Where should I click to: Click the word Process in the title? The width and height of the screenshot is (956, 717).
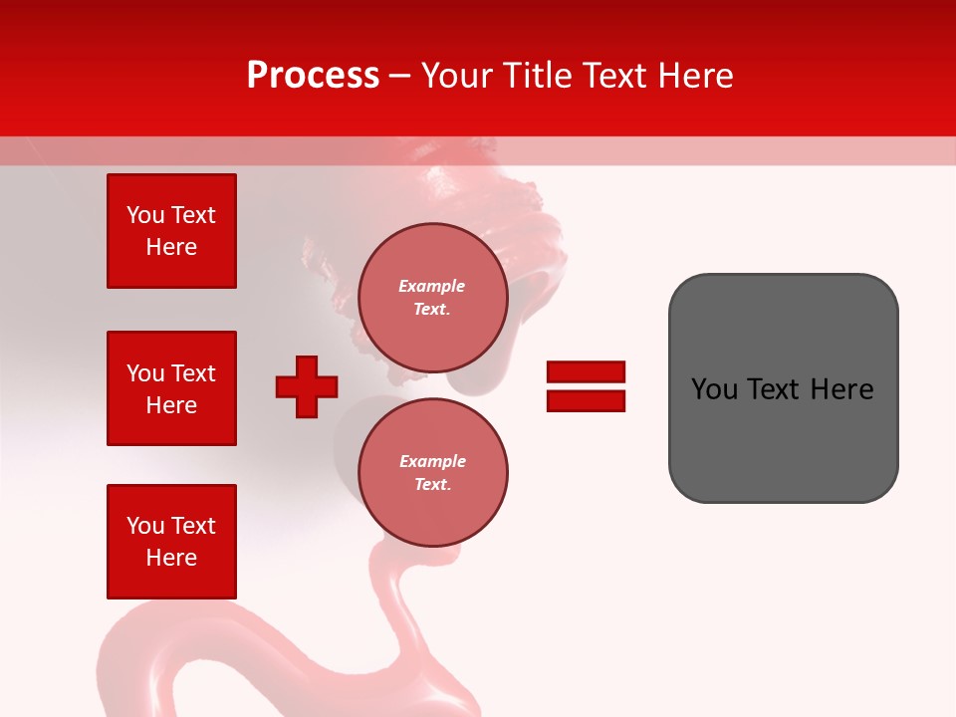[313, 76]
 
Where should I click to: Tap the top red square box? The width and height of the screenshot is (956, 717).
[171, 231]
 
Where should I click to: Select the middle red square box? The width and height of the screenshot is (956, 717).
[171, 388]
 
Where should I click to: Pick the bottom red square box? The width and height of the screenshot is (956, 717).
[171, 542]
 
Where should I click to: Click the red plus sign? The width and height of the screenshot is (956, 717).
[307, 386]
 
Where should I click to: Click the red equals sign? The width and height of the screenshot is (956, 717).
[586, 386]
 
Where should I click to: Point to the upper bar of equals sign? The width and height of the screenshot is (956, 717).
[586, 372]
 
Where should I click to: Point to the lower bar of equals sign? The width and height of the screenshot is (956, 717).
[586, 400]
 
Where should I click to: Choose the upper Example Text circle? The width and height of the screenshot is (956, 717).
[432, 298]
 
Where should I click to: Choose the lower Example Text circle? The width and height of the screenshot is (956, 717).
[432, 473]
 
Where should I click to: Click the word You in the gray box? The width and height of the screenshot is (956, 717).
[715, 389]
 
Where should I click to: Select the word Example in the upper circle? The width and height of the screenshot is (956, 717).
[432, 287]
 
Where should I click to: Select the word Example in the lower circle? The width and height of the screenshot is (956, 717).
[432, 462]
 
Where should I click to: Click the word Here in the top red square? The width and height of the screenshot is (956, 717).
[171, 248]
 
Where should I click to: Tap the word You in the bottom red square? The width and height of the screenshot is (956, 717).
[145, 526]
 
